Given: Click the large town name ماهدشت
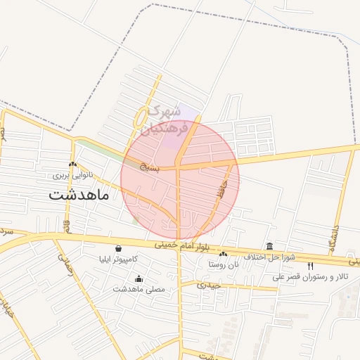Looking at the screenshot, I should click(x=79, y=195).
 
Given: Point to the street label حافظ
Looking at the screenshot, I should click(x=224, y=188).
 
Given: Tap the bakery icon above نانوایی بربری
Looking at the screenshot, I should click(x=73, y=164).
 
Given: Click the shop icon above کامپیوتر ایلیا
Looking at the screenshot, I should click(x=117, y=249).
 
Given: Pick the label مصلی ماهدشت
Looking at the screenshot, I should click(x=139, y=289).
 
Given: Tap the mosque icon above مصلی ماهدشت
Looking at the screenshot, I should click(x=139, y=278).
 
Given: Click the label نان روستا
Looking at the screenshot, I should click(x=224, y=264).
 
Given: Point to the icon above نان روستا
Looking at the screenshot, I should click(x=224, y=255).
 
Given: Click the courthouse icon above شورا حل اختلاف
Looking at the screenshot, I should click(x=270, y=246).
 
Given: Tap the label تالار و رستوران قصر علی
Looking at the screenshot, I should click(x=311, y=276).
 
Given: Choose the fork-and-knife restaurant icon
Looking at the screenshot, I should click(x=311, y=266).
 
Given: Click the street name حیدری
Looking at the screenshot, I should click(x=210, y=285).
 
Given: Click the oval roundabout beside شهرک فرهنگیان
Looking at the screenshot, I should click(x=142, y=115).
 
